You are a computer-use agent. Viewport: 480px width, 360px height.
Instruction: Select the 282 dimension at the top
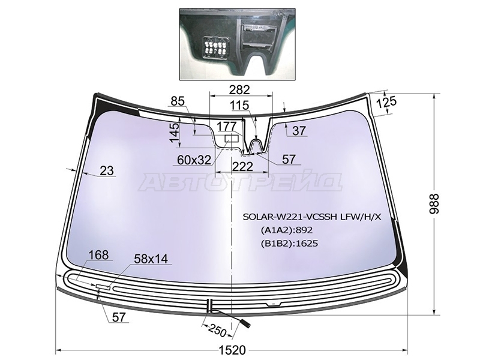[x=239, y=89]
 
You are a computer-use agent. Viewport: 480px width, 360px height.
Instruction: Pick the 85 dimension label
[x=178, y=101]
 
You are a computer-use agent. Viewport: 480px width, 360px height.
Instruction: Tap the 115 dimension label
[x=240, y=106]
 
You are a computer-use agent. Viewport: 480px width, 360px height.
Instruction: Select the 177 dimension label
[x=227, y=126]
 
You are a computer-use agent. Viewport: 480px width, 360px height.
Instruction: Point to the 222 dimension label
[x=242, y=167]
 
